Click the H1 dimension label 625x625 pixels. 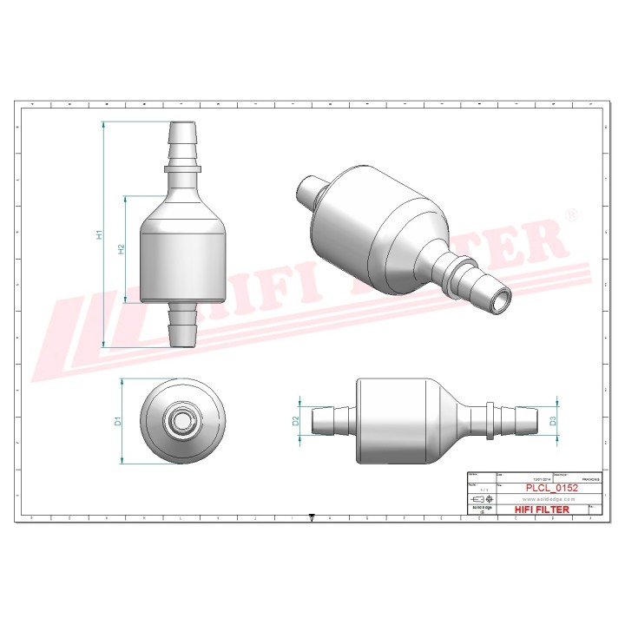tap(101, 234)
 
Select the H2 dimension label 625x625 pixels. tap(122, 249)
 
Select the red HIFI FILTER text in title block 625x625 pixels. tap(543, 510)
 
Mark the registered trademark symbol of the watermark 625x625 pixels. tap(570, 214)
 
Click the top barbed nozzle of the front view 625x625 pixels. tap(182, 139)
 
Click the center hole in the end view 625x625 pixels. tap(182, 421)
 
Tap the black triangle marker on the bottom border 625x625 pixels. tap(312, 516)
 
